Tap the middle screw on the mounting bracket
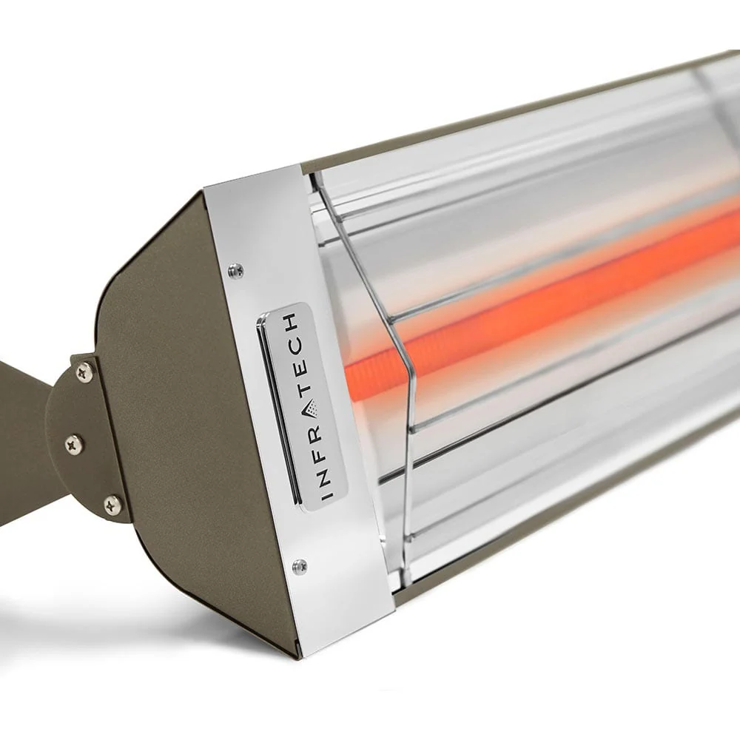(x=74, y=444)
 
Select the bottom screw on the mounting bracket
(x=112, y=505)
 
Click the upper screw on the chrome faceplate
(x=236, y=271)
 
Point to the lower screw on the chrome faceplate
(x=299, y=567)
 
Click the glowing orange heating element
(x=555, y=296)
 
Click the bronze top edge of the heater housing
(x=518, y=104)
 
